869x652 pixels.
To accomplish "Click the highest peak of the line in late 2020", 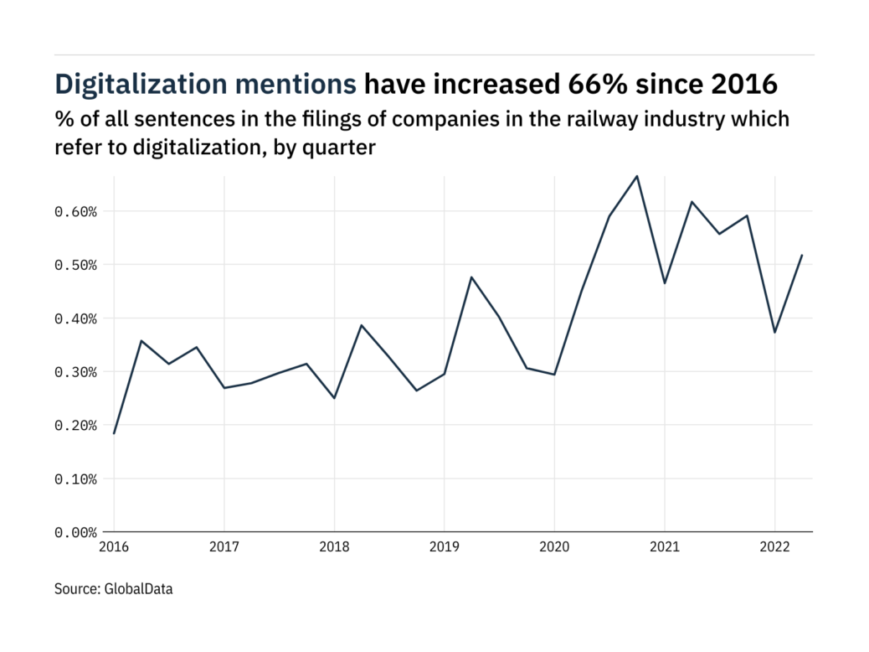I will pyautogui.click(x=637, y=176).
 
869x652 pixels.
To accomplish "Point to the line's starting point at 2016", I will pyautogui.click(x=114, y=433).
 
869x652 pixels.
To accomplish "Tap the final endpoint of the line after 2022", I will pyautogui.click(x=802, y=256).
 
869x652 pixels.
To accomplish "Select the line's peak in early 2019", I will pyautogui.click(x=471, y=277).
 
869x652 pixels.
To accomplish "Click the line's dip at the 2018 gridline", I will pyautogui.click(x=334, y=398).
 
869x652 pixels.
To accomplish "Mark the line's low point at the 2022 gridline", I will pyautogui.click(x=774, y=333).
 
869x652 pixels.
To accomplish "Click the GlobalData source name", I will pyautogui.click(x=139, y=589).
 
